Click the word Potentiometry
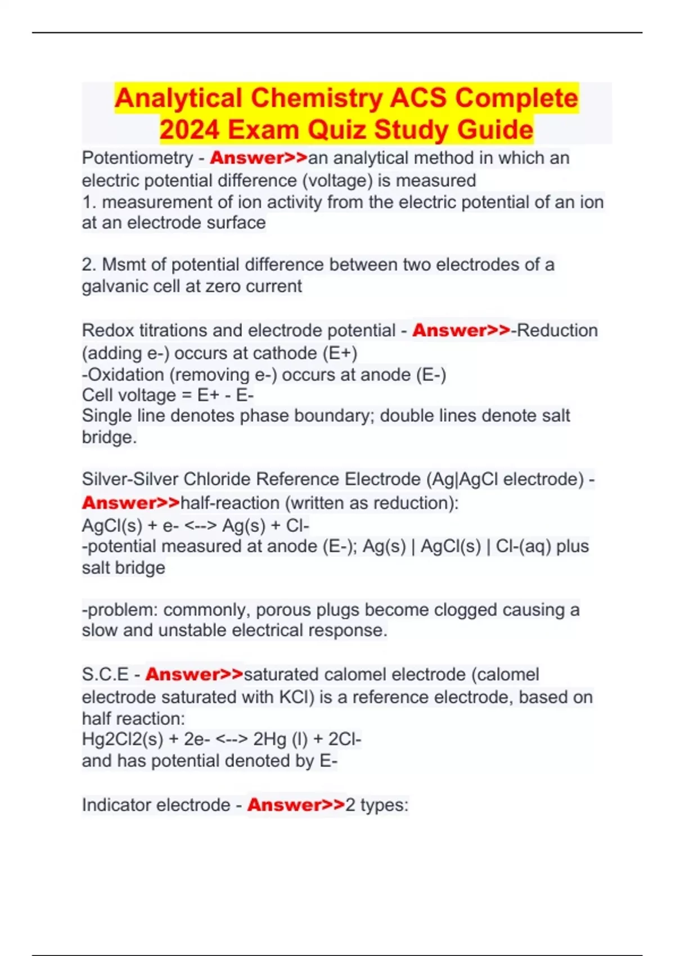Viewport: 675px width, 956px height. pyautogui.click(x=137, y=159)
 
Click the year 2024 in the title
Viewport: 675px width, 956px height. pyautogui.click(x=190, y=129)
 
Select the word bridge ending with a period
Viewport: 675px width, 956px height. pyautogui.click(x=109, y=437)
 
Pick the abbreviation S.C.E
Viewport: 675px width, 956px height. pyautogui.click(x=105, y=674)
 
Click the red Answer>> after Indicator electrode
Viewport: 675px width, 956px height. pyautogui.click(x=296, y=805)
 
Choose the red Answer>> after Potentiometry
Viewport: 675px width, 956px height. pyautogui.click(x=259, y=158)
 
